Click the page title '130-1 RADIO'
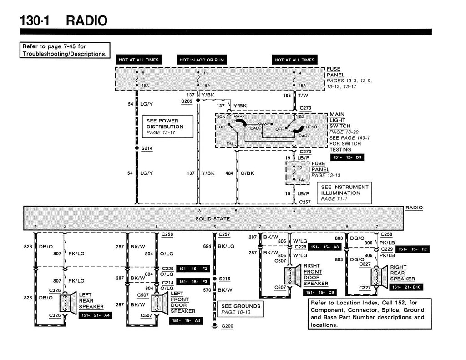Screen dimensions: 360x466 click(63, 20)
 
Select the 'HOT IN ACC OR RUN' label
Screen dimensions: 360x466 click(201, 60)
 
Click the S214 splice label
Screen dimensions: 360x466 click(147, 148)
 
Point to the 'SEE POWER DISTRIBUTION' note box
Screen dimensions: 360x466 click(168, 127)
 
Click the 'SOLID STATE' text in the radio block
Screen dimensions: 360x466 click(213, 219)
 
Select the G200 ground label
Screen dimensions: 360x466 click(227, 326)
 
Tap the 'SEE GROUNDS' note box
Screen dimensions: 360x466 click(240, 309)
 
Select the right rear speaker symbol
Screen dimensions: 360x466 click(379, 276)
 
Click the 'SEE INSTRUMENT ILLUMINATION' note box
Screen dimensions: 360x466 click(344, 193)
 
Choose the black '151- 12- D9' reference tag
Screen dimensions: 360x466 click(349, 157)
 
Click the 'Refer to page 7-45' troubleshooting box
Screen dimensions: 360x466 click(65, 50)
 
